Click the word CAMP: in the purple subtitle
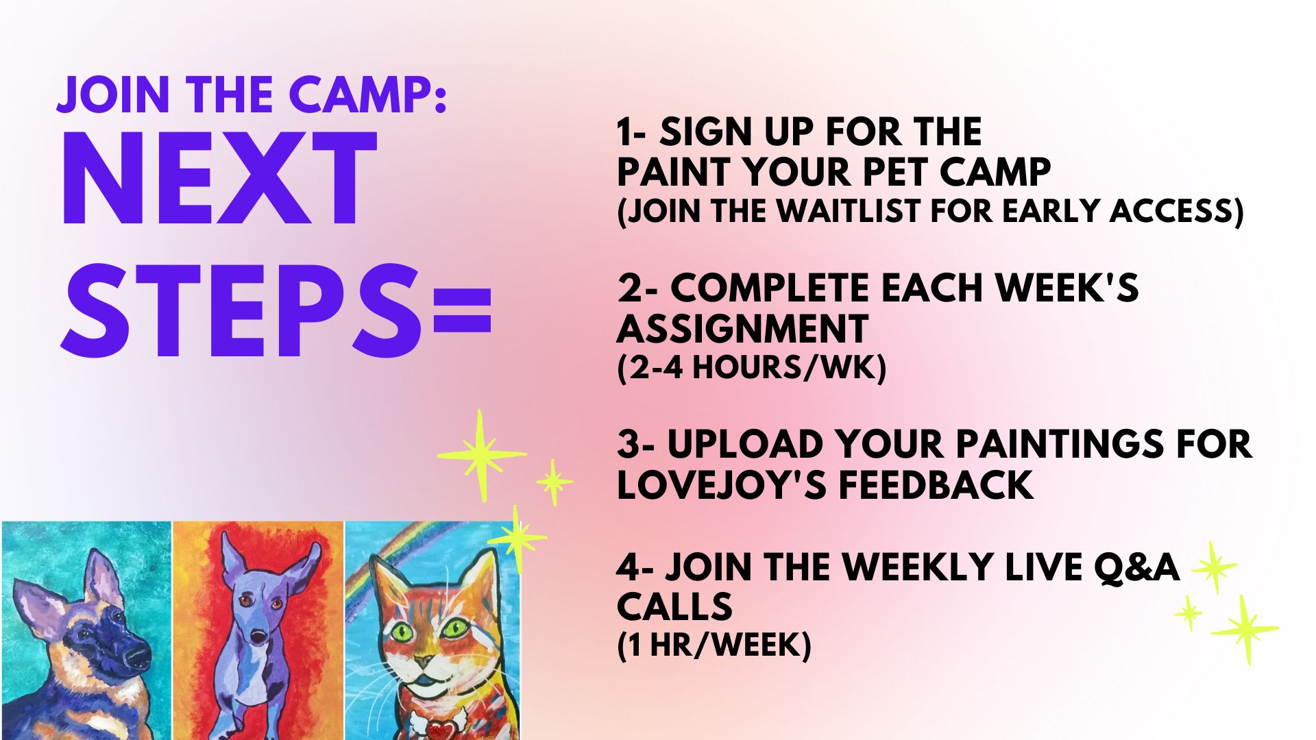click(x=368, y=95)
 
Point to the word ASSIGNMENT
click(x=743, y=329)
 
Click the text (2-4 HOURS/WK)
click(x=752, y=368)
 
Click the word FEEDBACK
click(x=936, y=485)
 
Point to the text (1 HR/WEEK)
click(x=714, y=645)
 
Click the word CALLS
click(x=674, y=607)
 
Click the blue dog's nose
click(x=258, y=637)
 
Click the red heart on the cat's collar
click(x=430, y=724)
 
